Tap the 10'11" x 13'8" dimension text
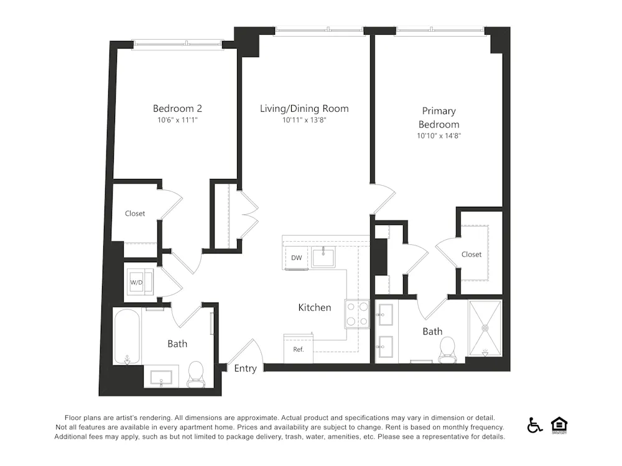[304, 120]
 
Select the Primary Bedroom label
[439, 117]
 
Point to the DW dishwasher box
[296, 258]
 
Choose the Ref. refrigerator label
[299, 349]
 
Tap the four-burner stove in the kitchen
[357, 314]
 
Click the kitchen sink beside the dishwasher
[323, 257]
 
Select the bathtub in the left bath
[127, 336]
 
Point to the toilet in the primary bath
[448, 350]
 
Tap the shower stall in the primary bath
[485, 329]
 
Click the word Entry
[245, 368]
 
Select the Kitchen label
[315, 308]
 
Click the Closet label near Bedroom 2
[135, 213]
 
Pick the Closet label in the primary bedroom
[471, 254]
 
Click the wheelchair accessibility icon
[534, 425]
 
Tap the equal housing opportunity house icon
[559, 425]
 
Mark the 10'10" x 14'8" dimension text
[439, 135]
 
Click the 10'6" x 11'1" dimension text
[177, 120]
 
